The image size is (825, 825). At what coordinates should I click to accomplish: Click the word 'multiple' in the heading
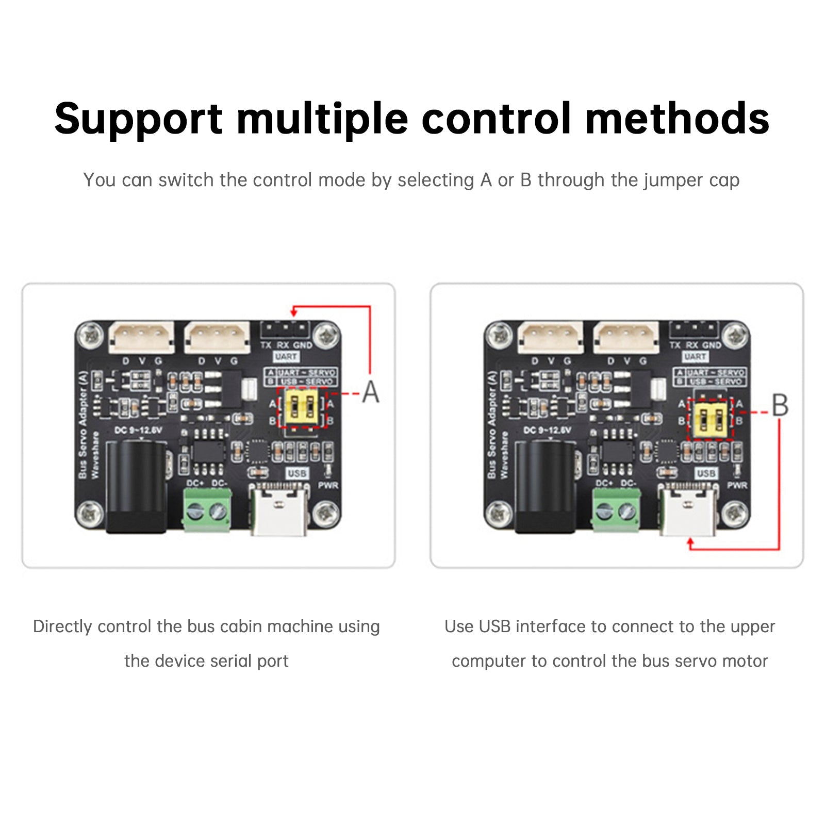point(322,119)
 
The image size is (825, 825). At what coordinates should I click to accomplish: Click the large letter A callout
point(370,392)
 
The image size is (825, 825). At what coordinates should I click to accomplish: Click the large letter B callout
point(779,405)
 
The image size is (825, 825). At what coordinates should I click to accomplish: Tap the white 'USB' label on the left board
point(296,473)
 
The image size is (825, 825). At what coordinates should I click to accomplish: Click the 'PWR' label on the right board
point(737,485)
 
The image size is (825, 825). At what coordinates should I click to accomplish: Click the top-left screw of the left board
point(91,336)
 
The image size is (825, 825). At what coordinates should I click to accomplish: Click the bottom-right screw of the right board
point(735,513)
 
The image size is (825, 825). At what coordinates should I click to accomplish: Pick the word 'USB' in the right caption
point(494,626)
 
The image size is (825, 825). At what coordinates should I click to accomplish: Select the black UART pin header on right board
point(694,328)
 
